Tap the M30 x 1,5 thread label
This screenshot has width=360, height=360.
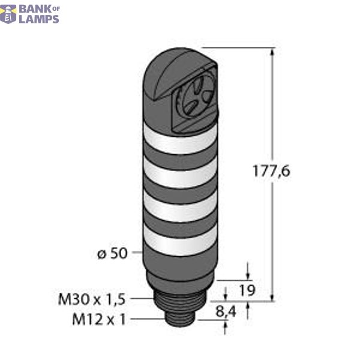point(91,297)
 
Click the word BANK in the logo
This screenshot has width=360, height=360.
point(35,8)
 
